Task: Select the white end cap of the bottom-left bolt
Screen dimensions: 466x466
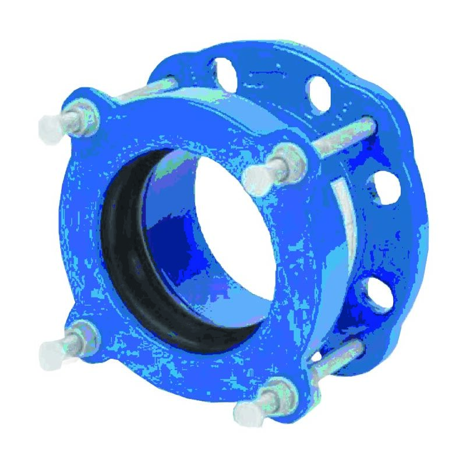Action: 51,351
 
